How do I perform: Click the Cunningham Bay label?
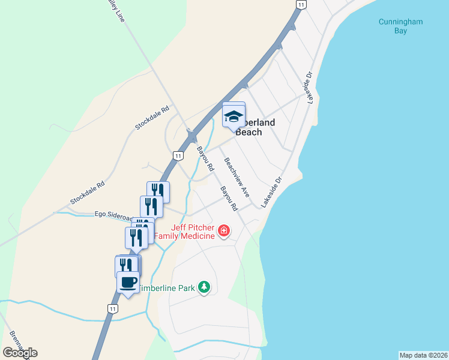click(x=401, y=26)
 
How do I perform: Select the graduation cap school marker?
click(x=234, y=116)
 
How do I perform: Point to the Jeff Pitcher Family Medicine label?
click(x=184, y=232)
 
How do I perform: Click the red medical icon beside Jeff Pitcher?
click(x=224, y=230)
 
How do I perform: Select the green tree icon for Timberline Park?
click(x=205, y=287)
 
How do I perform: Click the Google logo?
click(x=20, y=352)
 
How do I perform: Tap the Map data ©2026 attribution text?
click(x=423, y=355)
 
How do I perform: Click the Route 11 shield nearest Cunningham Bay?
click(x=301, y=4)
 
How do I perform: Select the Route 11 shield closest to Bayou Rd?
click(x=178, y=155)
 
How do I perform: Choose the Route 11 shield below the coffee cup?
click(x=112, y=308)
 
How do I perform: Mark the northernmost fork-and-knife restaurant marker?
click(x=158, y=191)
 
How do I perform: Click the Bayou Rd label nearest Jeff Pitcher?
click(x=229, y=198)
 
